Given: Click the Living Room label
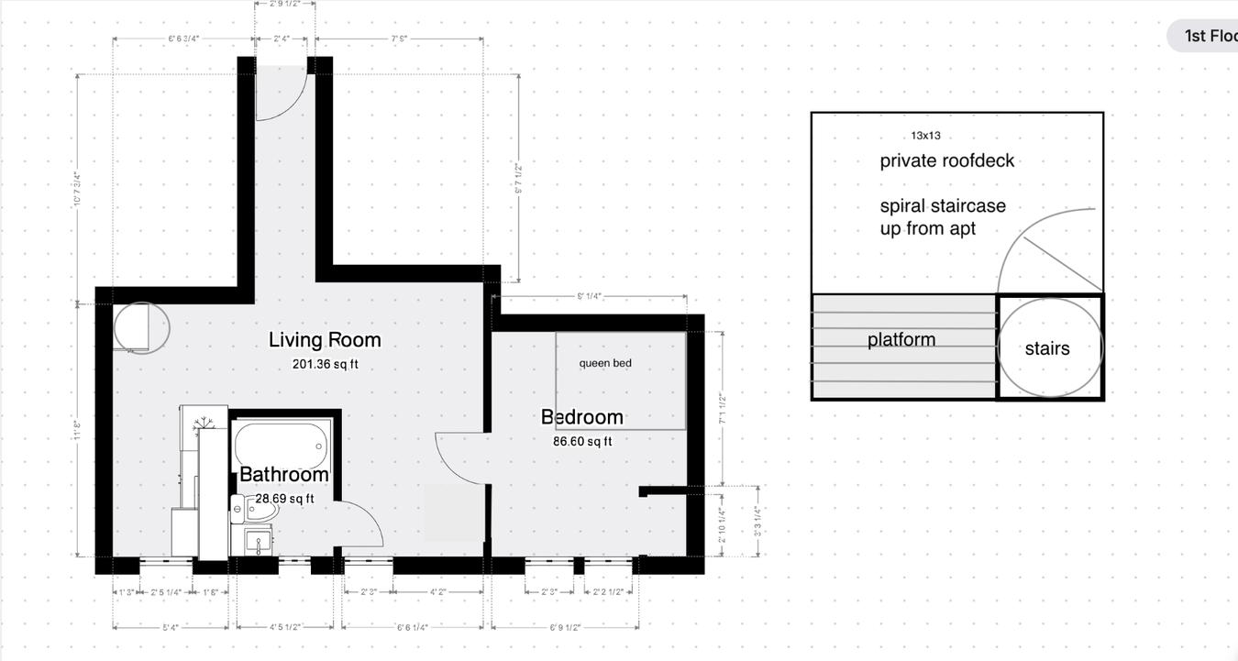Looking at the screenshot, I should [x=324, y=340].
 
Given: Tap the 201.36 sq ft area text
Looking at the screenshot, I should [x=325, y=364].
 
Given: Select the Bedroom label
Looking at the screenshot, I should [x=581, y=417].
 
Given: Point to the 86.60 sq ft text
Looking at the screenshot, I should [x=581, y=441].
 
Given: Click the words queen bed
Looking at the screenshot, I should [x=605, y=363].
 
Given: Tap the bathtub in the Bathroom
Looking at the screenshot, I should [x=281, y=444].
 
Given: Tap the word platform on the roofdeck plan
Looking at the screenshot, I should [x=901, y=340].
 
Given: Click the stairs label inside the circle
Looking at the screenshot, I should [x=1047, y=348].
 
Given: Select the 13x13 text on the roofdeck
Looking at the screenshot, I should [x=925, y=136].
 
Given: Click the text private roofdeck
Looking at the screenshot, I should [x=947, y=161].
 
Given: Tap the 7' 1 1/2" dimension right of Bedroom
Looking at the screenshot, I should [x=722, y=408].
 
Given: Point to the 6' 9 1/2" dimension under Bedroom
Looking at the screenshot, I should [x=564, y=627].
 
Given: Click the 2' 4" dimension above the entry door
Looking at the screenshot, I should [x=282, y=39].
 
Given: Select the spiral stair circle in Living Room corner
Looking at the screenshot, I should [x=141, y=327].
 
